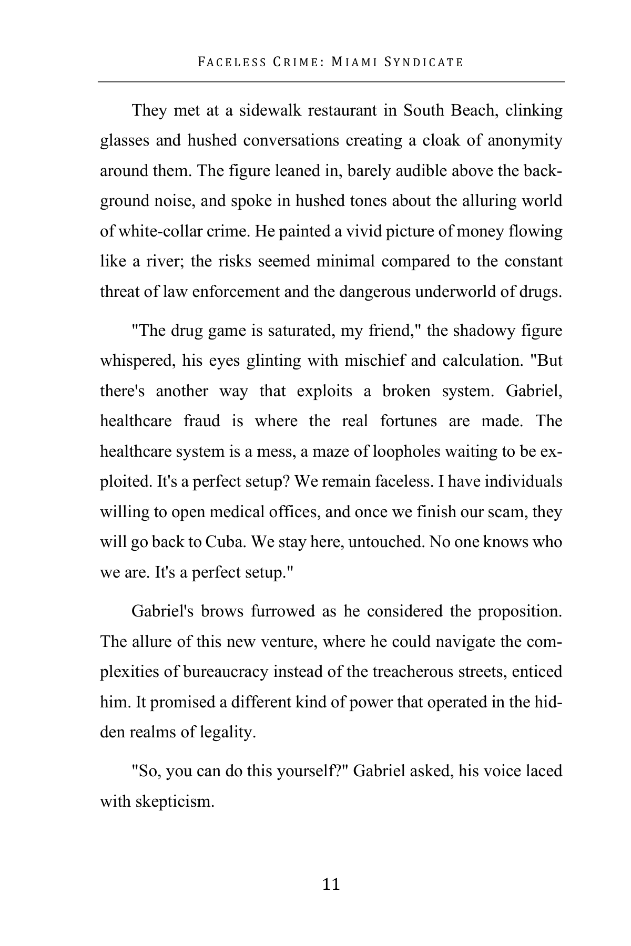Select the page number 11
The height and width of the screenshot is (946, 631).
(331, 885)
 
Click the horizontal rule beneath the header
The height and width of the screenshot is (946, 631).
(331, 82)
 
